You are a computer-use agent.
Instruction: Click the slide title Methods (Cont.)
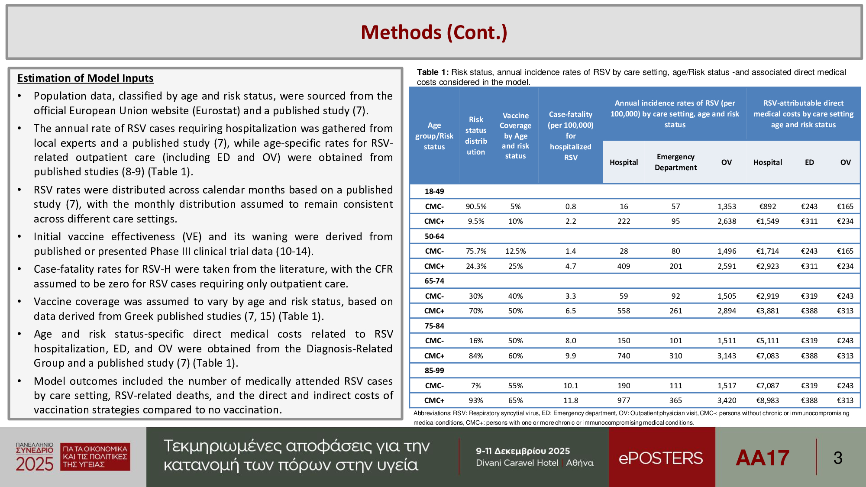[x=434, y=32]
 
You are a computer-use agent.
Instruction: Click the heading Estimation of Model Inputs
[x=85, y=78]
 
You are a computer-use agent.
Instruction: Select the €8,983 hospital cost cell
[x=767, y=400]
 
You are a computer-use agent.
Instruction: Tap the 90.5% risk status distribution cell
[x=476, y=206]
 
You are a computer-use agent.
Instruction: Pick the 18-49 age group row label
[x=434, y=191]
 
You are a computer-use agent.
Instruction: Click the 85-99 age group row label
[x=434, y=371]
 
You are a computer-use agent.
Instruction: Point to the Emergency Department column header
[x=675, y=162]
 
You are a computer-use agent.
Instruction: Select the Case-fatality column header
[x=571, y=135]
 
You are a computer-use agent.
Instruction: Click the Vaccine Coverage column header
[x=515, y=135]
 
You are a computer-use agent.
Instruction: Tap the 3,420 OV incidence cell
[x=727, y=400]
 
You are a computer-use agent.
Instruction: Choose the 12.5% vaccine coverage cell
[x=515, y=251]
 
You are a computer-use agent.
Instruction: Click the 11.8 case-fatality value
[x=571, y=400]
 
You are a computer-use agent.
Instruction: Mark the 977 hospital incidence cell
[x=624, y=400]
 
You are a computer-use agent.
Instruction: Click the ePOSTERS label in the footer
[x=661, y=458]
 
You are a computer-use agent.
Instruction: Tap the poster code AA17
[x=763, y=458]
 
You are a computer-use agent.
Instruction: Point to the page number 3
[x=838, y=458]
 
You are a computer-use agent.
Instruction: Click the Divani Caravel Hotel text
[x=517, y=463]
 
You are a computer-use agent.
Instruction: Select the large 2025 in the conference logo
[x=35, y=464]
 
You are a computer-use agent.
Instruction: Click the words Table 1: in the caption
[x=433, y=72]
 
